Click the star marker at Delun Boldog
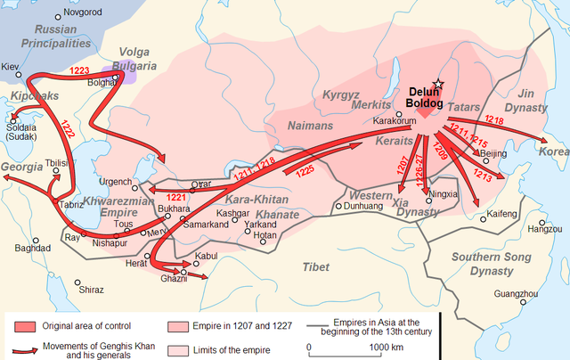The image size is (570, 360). point(436,82)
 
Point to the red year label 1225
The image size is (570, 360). point(305,168)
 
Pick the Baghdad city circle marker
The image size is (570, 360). point(36,240)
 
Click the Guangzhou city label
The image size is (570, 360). point(516,293)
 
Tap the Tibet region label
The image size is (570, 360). point(315,266)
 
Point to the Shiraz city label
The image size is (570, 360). point(90,290)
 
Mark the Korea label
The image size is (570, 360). point(553,152)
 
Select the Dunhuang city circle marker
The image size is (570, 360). point(337,206)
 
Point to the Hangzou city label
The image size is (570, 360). point(544,229)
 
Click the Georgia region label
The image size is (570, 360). point(20,168)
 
